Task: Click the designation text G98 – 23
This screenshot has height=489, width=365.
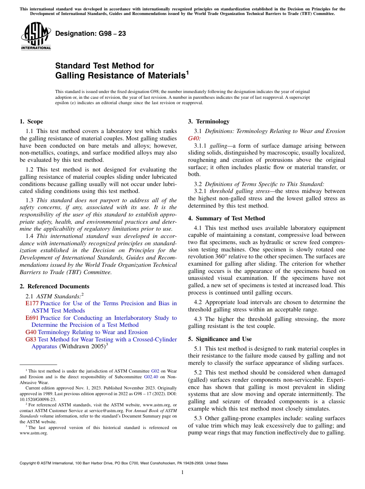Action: click(91, 34)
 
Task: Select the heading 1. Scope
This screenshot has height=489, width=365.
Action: click(31, 121)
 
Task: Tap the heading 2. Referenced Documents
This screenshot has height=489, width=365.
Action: click(54, 286)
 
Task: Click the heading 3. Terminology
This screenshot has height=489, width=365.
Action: click(209, 121)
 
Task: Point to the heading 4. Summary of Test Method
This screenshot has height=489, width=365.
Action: click(226, 218)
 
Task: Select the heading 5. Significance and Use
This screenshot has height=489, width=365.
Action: click(220, 339)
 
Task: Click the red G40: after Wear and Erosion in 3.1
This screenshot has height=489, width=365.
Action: click(194, 138)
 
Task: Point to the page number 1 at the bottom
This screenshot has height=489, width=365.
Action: click(182, 472)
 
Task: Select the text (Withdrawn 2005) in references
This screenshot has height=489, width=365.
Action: click(81, 346)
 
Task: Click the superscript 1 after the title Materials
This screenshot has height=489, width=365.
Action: click(187, 72)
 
